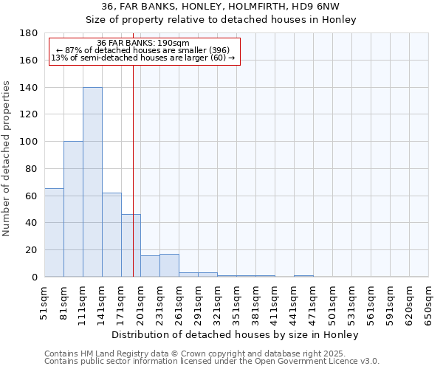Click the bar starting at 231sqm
tap(169, 266)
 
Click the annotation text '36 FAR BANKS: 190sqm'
tap(143, 43)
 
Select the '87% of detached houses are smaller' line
tap(143, 50)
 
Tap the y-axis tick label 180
tap(30, 33)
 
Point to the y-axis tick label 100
tap(30, 142)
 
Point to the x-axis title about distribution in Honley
tap(236, 334)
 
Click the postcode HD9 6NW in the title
tap(315, 6)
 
